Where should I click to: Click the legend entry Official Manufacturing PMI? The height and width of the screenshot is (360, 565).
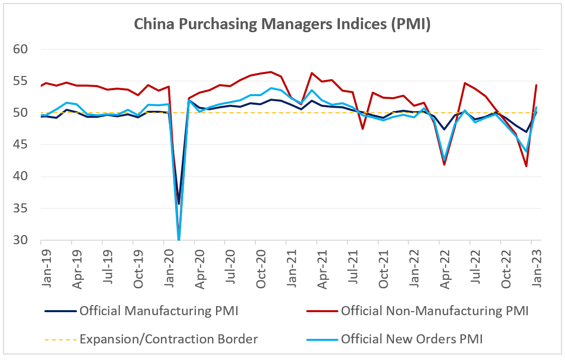point(159,311)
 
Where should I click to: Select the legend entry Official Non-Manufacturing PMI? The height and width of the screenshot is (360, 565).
point(434,311)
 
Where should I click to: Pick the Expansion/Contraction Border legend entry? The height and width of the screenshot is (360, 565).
point(169,339)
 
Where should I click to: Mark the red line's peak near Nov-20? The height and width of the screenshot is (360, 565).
point(271,71)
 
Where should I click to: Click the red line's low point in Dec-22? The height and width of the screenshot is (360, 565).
point(526,166)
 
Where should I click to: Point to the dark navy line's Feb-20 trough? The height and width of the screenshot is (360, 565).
point(178,204)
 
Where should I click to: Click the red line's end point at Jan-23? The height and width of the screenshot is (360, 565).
point(536,85)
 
